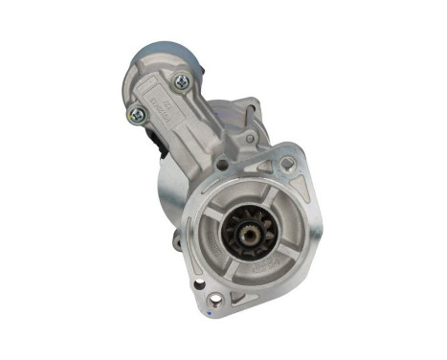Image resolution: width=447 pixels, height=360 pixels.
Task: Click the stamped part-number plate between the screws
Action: click(162, 100)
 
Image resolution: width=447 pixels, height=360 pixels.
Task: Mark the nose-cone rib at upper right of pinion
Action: click(275, 206)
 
